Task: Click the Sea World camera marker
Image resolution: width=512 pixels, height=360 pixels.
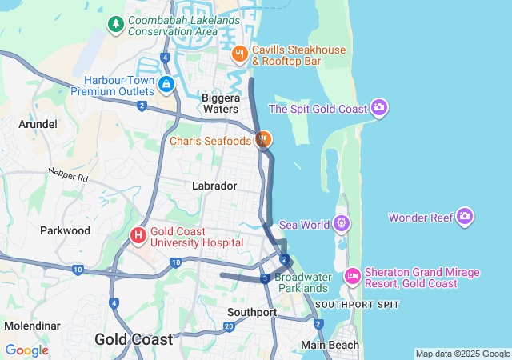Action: (x=342, y=223)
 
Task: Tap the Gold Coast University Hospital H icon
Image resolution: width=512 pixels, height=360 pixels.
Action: (x=138, y=235)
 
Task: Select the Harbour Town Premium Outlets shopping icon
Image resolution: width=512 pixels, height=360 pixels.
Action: (x=166, y=83)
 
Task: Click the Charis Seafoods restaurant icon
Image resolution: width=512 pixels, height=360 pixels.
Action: (x=263, y=140)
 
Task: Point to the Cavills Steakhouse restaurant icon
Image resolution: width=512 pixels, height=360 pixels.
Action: (x=239, y=54)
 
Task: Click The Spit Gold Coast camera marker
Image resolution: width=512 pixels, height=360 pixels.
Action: (x=379, y=108)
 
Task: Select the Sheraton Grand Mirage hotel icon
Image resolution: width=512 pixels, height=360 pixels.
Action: (x=353, y=276)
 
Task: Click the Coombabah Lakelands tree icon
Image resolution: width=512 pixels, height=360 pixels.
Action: (x=116, y=25)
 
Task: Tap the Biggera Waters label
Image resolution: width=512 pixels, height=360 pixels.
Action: (x=220, y=103)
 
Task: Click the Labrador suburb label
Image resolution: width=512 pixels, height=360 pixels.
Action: (x=214, y=186)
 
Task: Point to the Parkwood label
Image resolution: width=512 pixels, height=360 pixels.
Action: (x=66, y=230)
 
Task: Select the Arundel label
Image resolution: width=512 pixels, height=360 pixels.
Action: (x=38, y=124)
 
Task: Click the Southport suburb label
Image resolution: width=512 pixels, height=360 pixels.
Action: (x=251, y=312)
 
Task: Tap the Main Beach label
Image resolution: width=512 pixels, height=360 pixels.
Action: (x=327, y=345)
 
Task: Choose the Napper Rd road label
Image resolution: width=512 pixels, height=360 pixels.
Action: (x=67, y=174)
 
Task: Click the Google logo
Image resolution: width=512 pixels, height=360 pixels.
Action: (x=26, y=350)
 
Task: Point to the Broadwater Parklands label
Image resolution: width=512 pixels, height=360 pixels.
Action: (x=302, y=282)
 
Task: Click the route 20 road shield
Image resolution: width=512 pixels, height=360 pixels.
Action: (x=229, y=326)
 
